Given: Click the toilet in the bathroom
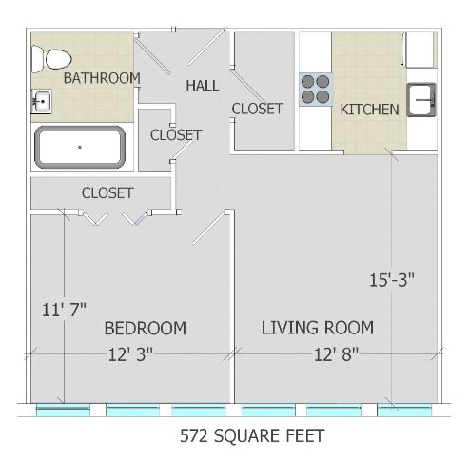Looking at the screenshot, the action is click(51, 59).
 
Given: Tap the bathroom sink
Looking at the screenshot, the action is click(41, 101).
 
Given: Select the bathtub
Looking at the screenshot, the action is click(80, 147).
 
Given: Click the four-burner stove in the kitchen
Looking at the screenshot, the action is click(316, 90).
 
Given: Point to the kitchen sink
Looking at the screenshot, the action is click(421, 99).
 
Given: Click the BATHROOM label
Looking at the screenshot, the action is click(102, 78).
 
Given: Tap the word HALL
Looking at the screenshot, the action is click(203, 86).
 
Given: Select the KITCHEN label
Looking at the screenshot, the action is click(369, 110).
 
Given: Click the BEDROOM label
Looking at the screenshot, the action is click(146, 328).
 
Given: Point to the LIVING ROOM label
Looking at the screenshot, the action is click(318, 328).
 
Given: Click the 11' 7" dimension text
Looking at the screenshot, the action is click(64, 310).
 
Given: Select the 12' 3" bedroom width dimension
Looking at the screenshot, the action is click(130, 354).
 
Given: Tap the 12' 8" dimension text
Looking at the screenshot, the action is click(336, 354).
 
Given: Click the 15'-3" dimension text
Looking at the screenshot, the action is click(392, 280).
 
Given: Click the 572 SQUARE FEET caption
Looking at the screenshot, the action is click(252, 435).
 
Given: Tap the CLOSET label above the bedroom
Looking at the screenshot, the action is click(107, 192).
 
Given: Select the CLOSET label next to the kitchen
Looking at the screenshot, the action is click(257, 109).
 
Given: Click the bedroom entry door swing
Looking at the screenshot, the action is click(208, 229).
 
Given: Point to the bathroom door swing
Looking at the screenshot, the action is click(152, 55).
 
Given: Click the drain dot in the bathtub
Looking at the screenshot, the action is click(80, 147).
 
